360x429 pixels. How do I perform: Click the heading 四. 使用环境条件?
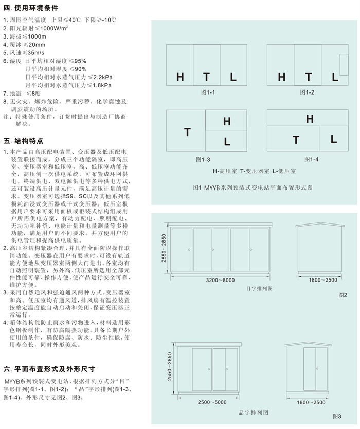click(31, 9)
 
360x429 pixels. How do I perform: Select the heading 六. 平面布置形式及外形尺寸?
click(49, 369)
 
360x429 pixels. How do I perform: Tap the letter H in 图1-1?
click(180, 77)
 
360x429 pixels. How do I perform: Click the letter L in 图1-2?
click(335, 77)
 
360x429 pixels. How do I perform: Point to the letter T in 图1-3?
click(187, 132)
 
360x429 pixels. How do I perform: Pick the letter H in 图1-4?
click(310, 119)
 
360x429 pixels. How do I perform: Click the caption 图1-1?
click(207, 92)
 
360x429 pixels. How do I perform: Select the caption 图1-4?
click(311, 159)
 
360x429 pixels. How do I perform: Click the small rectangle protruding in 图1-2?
click(344, 61)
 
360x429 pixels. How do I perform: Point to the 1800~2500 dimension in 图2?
click(322, 280)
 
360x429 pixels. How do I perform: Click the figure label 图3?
click(337, 416)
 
